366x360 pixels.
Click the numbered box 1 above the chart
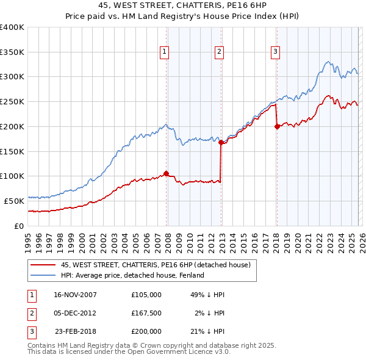click(165, 52)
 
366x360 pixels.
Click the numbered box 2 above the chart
click(218, 52)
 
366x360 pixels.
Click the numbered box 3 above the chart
click(276, 52)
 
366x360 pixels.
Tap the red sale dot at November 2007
click(166, 173)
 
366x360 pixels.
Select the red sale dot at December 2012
click(221, 143)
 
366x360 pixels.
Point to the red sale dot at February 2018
click(277, 126)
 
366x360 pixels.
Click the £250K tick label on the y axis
click(12, 101)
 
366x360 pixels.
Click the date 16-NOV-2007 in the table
click(75, 295)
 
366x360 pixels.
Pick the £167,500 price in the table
click(146, 313)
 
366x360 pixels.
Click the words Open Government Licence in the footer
click(171, 352)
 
